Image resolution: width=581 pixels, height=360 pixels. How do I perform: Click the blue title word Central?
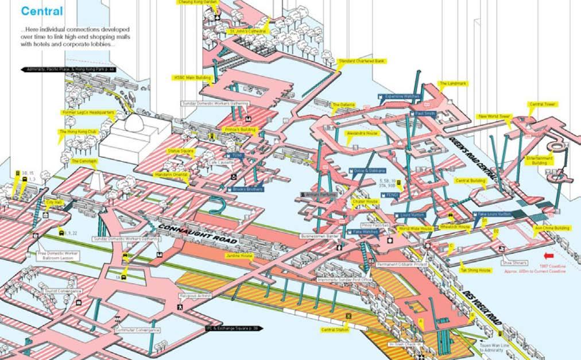tap(41, 11)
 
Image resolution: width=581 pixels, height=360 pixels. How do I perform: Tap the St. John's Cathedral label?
tap(247, 30)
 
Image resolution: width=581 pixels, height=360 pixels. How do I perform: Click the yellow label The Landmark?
tap(454, 83)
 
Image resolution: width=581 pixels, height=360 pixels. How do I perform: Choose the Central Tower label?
tap(541, 104)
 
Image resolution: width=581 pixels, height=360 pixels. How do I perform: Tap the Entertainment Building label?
tap(540, 160)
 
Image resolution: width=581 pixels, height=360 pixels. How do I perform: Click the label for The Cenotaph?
tap(83, 161)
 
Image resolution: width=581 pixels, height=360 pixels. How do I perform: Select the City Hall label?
tap(54, 203)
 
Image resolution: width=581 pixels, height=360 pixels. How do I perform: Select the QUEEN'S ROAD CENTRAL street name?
tap(475, 158)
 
